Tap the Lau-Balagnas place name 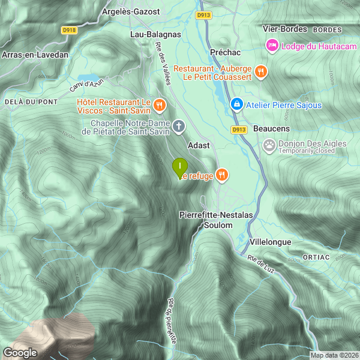tap(155, 34)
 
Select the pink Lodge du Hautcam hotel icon tap(272, 45)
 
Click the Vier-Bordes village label tap(285, 29)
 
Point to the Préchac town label tap(225, 52)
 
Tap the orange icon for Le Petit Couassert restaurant tap(260, 72)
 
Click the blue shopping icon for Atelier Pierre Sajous tap(237, 105)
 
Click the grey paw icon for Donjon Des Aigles tap(269, 144)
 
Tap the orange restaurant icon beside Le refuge tap(222, 175)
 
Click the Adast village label tap(199, 146)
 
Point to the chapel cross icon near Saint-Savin tap(178, 126)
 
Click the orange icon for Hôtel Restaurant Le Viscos tap(159, 106)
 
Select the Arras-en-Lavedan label tap(35, 55)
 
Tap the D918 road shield tap(69, 29)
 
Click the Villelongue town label tap(270, 242)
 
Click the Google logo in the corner tap(20, 353)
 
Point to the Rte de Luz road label tap(261, 263)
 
